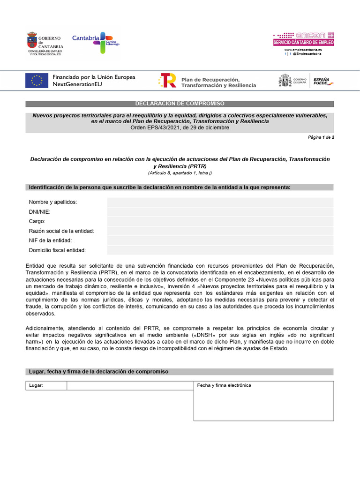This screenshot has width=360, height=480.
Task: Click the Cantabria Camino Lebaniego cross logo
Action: click(x=103, y=42)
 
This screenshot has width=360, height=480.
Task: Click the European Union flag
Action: click(x=37, y=81)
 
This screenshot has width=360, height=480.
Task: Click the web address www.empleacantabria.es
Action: click(x=303, y=49)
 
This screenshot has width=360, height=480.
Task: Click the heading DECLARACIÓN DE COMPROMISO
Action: click(x=180, y=104)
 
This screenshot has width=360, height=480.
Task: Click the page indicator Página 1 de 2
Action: click(x=321, y=137)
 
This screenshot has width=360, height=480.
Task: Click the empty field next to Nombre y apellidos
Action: click(x=220, y=202)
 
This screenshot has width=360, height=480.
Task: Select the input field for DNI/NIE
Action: click(x=220, y=212)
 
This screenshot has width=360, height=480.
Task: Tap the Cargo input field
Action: click(x=220, y=221)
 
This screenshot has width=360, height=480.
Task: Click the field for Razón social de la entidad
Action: click(x=220, y=231)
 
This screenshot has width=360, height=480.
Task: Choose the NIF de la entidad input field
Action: click(x=220, y=240)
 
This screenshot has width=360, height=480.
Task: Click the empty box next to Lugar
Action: click(x=130, y=386)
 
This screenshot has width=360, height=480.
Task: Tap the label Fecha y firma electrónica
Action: click(x=224, y=385)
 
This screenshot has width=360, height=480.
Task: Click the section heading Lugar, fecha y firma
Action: click(x=98, y=372)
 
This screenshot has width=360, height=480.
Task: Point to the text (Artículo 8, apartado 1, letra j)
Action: click(x=180, y=172)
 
